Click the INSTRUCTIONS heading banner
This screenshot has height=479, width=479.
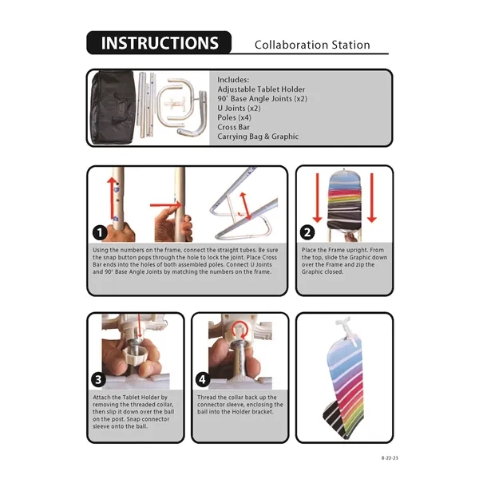[x=159, y=43]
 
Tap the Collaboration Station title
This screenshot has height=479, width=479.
[x=312, y=45]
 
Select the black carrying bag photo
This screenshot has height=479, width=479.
[x=113, y=107]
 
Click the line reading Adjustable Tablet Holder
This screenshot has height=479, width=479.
[x=261, y=89]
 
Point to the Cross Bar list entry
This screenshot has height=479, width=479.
[x=233, y=127]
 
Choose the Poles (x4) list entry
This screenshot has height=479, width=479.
[x=234, y=117]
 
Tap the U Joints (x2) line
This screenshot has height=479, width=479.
[x=239, y=108]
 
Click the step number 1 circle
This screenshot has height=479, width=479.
[x=100, y=233]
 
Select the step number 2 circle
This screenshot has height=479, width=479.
[x=307, y=232]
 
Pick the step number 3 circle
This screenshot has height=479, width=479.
[x=98, y=380]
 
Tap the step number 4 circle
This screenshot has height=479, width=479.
[x=203, y=380]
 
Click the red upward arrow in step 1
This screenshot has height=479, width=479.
[x=112, y=198]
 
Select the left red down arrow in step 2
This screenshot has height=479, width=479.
[x=318, y=198]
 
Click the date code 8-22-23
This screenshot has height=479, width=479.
[x=390, y=458]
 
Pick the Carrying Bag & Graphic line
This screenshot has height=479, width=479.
[x=258, y=137]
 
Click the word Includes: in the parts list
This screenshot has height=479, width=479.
[x=233, y=80]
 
